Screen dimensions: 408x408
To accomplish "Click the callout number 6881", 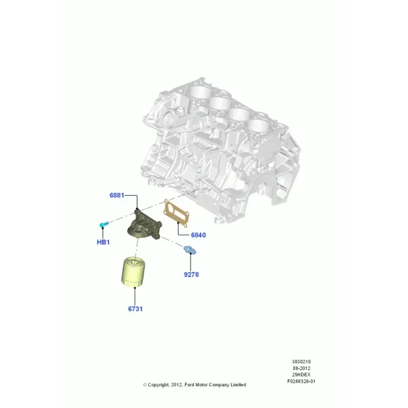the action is point(117,195).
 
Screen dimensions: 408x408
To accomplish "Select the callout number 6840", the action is point(199,235).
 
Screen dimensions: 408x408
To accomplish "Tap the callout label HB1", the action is point(103,242).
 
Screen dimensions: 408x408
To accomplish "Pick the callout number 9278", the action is point(191,275).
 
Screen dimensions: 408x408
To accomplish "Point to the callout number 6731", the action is point(135,309).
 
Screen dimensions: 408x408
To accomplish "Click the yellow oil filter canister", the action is point(133,272).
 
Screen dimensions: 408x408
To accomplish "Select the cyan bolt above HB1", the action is point(104,224).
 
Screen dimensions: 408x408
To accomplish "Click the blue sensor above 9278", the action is point(190,250).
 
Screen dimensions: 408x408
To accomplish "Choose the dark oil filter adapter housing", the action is point(145,225).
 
